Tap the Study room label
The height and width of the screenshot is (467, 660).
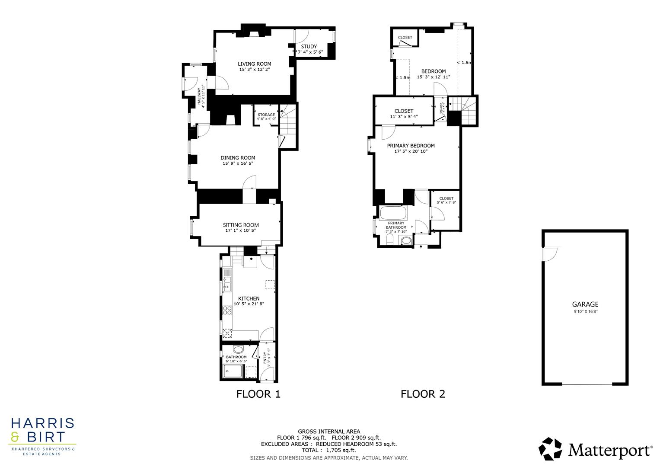[309, 47]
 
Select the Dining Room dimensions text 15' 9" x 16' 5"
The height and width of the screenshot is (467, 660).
[238, 163]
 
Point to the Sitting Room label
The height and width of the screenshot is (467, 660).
[241, 225]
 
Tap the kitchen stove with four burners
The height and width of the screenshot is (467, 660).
[228, 310]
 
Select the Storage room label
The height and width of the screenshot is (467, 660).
[266, 115]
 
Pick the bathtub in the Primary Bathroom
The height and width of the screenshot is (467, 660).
[392, 213]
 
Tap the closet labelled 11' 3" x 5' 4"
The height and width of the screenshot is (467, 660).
[404, 111]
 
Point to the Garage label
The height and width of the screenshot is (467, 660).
[585, 304]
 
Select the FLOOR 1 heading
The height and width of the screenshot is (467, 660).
[258, 394]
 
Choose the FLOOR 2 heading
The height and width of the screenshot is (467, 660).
[422, 394]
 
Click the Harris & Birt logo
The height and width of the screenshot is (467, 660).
[42, 436]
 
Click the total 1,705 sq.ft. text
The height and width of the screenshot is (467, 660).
[328, 450]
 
